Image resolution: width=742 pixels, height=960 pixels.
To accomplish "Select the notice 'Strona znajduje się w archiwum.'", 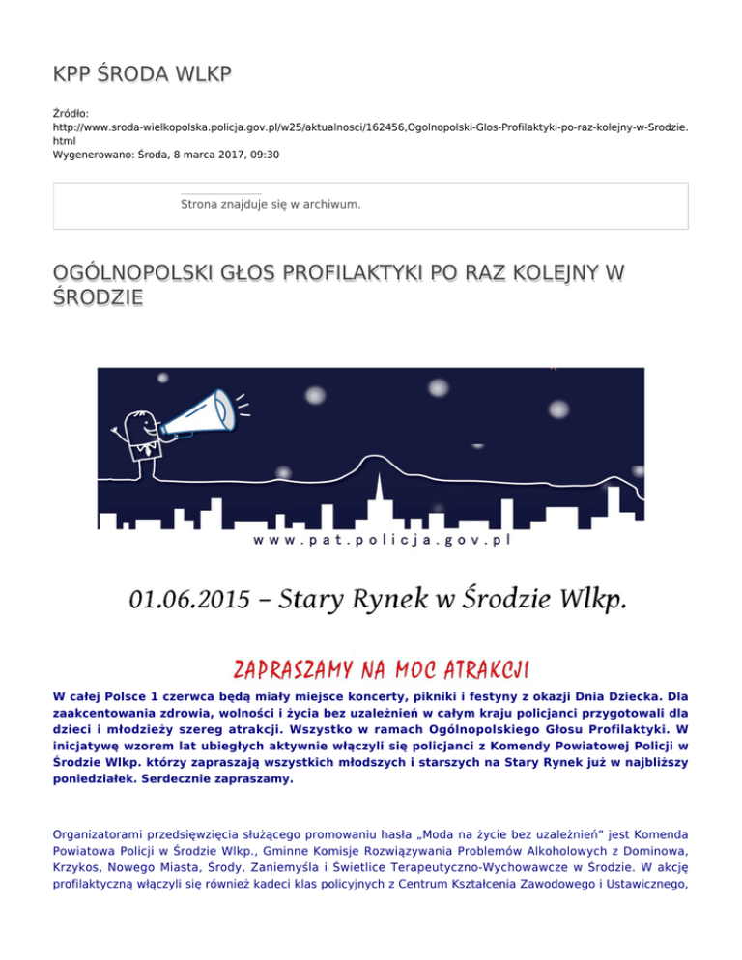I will click(271, 204).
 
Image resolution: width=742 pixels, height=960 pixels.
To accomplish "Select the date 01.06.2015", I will click(189, 602).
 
